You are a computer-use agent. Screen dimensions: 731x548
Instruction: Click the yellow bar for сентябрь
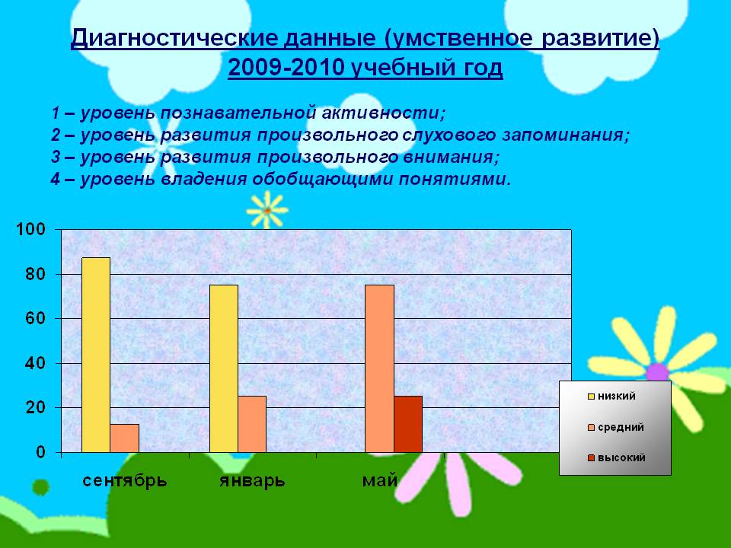point(96,355)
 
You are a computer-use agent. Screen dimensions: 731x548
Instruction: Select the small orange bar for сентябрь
point(124,438)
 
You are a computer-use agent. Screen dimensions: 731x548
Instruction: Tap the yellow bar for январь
point(224,368)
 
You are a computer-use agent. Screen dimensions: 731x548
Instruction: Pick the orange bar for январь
point(252,424)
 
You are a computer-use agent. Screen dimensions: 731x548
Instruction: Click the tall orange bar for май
point(379,368)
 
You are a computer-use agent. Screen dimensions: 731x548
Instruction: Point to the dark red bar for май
point(408,424)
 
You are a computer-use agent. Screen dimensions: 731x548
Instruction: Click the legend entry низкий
point(611,396)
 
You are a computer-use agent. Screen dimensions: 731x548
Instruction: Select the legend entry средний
point(616,427)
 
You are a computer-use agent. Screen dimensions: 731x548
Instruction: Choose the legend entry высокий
point(617,458)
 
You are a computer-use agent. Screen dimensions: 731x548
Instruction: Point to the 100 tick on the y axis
point(30,229)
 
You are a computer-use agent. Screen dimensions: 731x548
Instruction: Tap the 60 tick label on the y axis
point(36,318)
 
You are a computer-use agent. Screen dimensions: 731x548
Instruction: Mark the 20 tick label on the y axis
point(36,407)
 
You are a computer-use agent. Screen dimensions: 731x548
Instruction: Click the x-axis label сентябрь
point(125,480)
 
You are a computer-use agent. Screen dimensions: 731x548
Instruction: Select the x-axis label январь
point(252,481)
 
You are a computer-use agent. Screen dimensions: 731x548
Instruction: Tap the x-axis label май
point(379,480)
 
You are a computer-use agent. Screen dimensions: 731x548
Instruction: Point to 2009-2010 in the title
point(286,68)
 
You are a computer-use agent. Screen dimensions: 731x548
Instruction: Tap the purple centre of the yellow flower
point(657,372)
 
